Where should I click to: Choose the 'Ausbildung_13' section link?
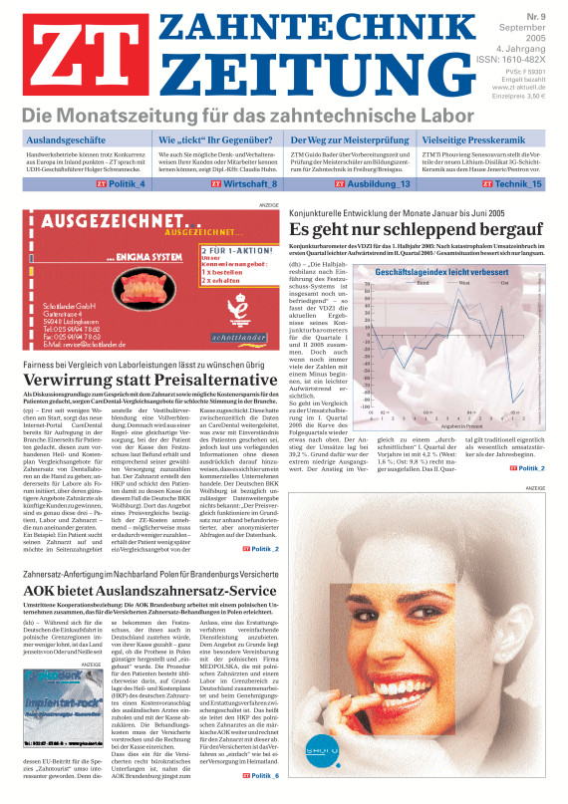click(x=380, y=184)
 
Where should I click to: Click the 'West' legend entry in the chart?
click(x=463, y=283)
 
